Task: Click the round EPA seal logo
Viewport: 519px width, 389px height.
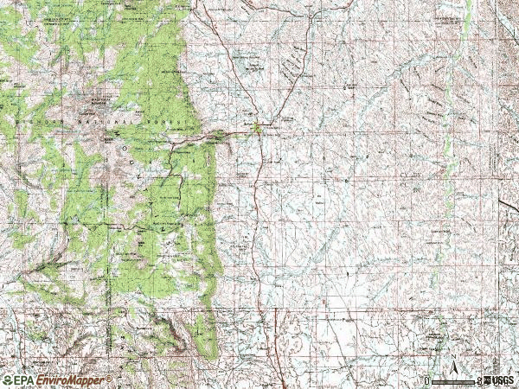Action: click(8, 380)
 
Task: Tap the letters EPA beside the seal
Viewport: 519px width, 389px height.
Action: click(24, 380)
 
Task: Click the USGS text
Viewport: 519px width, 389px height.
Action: click(503, 380)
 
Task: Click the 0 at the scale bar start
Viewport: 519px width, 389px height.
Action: click(426, 380)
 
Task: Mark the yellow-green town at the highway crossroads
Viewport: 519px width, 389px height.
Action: click(257, 129)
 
